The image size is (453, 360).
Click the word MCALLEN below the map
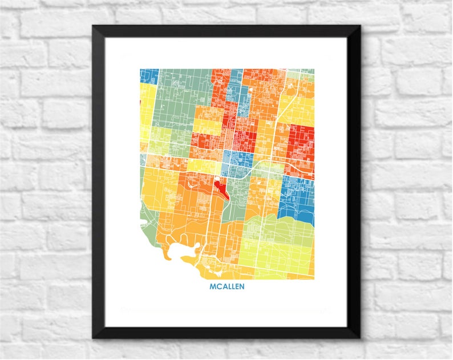pyautogui.click(x=226, y=287)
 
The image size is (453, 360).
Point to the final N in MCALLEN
pyautogui.click(x=241, y=287)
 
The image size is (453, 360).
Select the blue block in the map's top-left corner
pyautogui.click(x=149, y=75)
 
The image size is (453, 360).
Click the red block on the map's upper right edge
pyautogui.click(x=301, y=143)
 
